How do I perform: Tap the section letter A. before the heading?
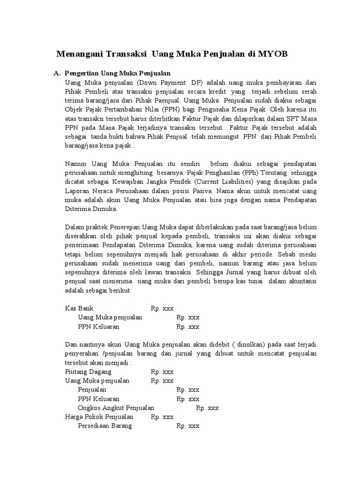pyautogui.click(x=57, y=74)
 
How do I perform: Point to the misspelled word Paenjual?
pyautogui.click(x=168, y=100)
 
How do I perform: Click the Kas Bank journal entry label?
pyautogui.click(x=79, y=308)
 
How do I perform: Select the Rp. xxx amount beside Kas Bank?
pyautogui.click(x=162, y=308)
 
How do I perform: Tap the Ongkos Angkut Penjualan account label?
pyautogui.click(x=116, y=408)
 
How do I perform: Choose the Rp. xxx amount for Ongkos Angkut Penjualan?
pyautogui.click(x=207, y=408)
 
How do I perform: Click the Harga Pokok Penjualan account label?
pyautogui.click(x=99, y=417)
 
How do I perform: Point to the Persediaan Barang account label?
pyautogui.click(x=105, y=426)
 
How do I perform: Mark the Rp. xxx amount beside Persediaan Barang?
pyautogui.click(x=188, y=426)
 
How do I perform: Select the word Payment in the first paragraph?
pyautogui.click(x=159, y=82)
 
